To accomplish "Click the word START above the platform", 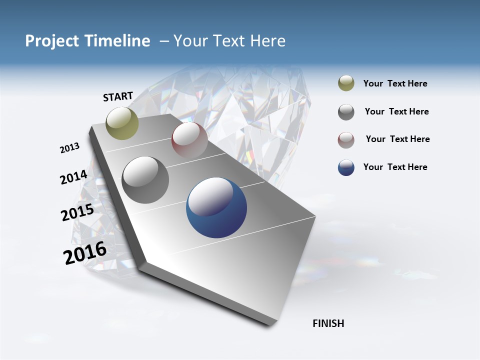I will pos(118,96).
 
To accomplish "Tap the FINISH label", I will pos(328,323).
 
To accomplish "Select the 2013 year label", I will pos(69,148).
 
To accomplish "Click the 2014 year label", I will pos(73,177).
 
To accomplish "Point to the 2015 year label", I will pos(77,212).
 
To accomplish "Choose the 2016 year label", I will pos(85,252).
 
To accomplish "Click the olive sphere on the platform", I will pos(122,123).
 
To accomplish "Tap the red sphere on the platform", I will pos(189,140).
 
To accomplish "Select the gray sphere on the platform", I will pos(145,180).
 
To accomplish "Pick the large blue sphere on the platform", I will pos(216,207).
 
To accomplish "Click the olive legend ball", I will pos(346,83).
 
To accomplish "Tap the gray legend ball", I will pos(346,112).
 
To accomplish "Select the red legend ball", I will pos(346,140).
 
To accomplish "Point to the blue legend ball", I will pos(346,167).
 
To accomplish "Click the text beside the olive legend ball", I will pos(395,84).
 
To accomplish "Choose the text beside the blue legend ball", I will pos(395,167).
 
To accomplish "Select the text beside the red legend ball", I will pos(397,139).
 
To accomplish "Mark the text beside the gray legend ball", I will pos(396,111).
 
